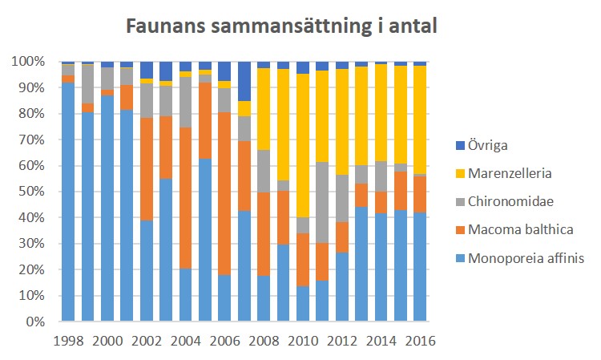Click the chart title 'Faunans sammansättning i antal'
click(280, 26)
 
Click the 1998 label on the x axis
click(69, 339)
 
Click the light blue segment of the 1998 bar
click(69, 200)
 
